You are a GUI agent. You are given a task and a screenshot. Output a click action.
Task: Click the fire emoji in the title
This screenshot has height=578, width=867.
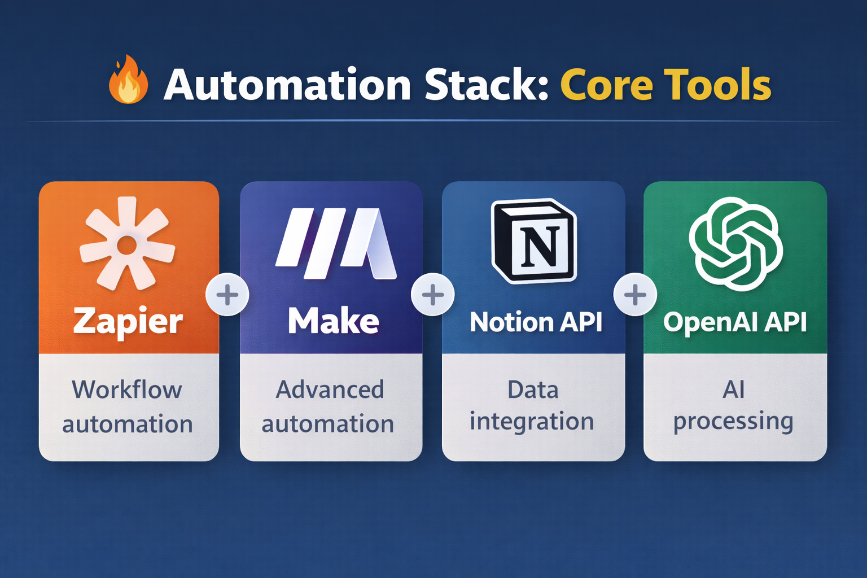(x=128, y=80)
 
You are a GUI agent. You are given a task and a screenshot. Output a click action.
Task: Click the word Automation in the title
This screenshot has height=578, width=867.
(x=287, y=85)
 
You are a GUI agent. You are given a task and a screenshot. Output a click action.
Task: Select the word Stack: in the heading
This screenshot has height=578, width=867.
(x=487, y=85)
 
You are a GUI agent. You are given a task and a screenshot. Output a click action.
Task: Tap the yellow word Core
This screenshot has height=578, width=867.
(x=607, y=85)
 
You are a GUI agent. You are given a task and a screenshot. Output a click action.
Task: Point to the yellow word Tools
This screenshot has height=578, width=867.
(x=717, y=85)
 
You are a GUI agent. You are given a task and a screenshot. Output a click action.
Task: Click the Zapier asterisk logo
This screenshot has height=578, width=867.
(x=128, y=244)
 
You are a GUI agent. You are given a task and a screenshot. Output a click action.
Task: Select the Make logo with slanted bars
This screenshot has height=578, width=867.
(x=336, y=243)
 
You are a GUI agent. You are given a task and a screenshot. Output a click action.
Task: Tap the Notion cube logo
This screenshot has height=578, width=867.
(x=534, y=241)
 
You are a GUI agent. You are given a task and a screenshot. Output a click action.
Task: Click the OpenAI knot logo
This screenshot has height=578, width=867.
(x=735, y=243)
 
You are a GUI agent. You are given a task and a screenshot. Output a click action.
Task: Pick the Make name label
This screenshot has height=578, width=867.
(x=333, y=321)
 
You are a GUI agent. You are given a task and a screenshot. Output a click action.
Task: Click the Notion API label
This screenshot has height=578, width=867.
(x=536, y=322)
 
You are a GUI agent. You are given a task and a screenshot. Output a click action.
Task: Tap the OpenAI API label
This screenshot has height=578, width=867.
(x=735, y=322)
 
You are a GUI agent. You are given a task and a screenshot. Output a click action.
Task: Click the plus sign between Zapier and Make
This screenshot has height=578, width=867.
(x=227, y=295)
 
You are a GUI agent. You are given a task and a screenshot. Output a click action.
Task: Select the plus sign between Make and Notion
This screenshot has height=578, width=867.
(x=433, y=295)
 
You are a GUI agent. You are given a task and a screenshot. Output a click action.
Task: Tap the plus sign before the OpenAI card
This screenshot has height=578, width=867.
(x=635, y=295)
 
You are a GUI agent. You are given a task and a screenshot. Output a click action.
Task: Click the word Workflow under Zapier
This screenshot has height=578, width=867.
(x=127, y=389)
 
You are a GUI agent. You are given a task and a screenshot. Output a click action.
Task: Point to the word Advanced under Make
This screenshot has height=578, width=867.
(x=330, y=389)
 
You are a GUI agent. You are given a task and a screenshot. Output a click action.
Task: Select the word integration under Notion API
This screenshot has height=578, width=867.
(x=532, y=422)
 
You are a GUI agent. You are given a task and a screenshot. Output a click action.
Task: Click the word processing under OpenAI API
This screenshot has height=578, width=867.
(x=733, y=423)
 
